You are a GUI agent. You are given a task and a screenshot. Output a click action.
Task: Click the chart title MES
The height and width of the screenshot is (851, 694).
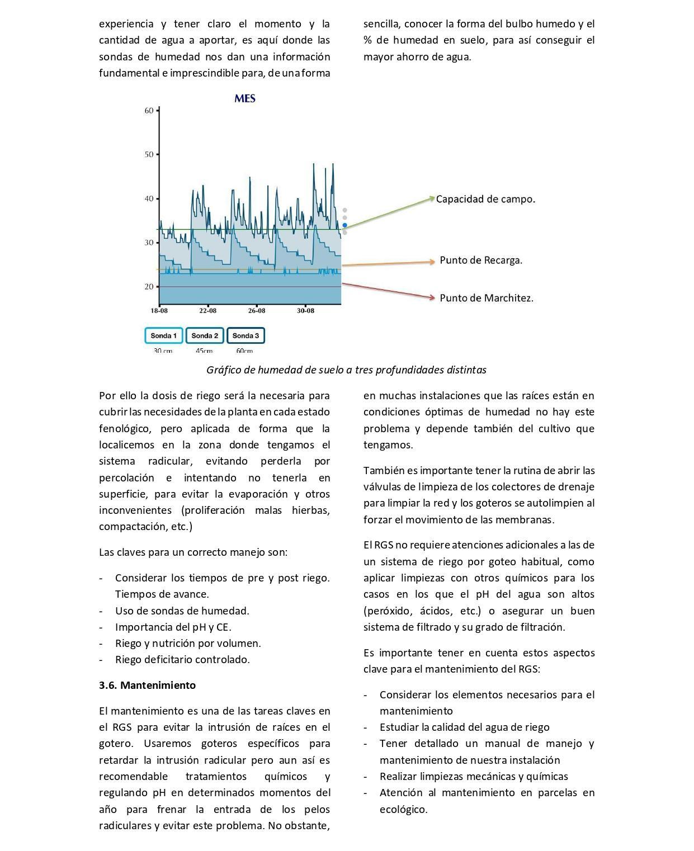pos(245,99)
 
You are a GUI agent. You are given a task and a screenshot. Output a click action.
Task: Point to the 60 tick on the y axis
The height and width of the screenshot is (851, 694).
pos(149,111)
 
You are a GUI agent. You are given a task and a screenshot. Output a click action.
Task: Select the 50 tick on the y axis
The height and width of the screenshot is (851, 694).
pos(149,154)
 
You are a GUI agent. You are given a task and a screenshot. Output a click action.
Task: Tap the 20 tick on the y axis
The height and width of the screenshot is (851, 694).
pos(149,287)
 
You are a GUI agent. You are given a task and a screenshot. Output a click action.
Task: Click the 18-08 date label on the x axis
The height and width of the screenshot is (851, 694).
pos(159,310)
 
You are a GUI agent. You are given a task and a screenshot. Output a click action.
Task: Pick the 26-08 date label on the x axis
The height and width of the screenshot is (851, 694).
pos(257,310)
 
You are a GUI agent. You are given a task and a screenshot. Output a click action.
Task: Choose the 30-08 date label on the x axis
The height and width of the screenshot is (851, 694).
pos(305,310)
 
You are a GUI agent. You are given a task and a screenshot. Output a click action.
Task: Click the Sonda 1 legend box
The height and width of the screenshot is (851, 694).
pos(163,335)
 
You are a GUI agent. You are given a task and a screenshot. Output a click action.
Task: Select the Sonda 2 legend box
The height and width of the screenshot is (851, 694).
pos(205,335)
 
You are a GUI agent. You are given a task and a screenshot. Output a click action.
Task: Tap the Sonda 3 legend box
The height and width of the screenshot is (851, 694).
pos(246,335)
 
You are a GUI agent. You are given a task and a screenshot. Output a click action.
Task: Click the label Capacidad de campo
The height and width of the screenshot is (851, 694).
pos(485,199)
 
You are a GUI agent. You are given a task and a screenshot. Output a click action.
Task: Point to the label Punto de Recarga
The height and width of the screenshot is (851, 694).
pos(481,260)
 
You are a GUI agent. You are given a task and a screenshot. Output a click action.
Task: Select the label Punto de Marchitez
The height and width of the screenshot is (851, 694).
pos(487,298)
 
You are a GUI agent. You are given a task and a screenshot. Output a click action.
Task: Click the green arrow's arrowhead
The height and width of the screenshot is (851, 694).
pos(432,197)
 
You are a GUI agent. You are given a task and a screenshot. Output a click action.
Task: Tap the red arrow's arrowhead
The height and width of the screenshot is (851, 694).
pos(432,298)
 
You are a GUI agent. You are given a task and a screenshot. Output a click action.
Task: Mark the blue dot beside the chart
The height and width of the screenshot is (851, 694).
pos(345,225)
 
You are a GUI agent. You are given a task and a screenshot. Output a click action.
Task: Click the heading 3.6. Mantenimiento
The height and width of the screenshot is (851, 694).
pos(147,685)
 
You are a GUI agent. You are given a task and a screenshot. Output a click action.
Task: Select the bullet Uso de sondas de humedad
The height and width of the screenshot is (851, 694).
pos(182,611)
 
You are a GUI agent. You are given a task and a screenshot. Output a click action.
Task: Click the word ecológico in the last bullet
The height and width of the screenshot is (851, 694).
pos(403,809)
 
